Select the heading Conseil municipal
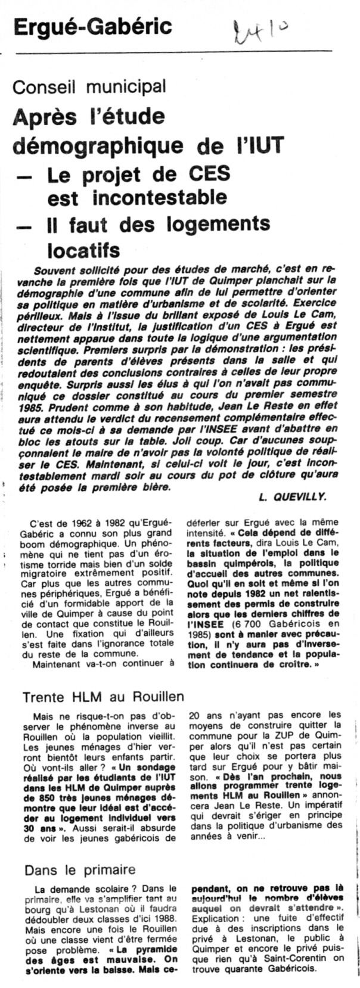point(89,87)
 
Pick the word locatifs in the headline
point(83,249)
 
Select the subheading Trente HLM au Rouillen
point(103,697)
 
